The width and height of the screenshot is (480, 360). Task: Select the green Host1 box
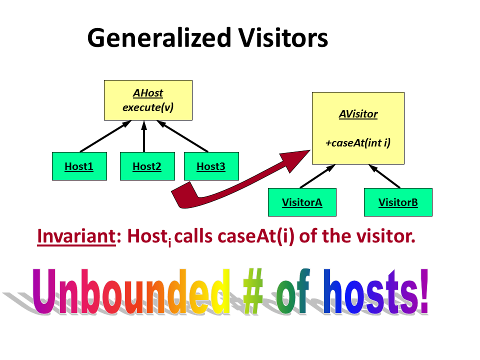pos(79,166)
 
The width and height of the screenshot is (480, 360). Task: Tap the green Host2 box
pos(147,166)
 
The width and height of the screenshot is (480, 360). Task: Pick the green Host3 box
pos(211,166)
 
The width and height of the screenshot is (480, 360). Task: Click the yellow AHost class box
pos(148,100)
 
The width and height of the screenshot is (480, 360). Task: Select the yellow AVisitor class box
pos(358,128)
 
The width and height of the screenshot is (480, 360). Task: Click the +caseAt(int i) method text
pos(358,143)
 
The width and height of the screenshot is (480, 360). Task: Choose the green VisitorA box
pos(302,202)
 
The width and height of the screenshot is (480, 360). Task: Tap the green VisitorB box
pos(398,202)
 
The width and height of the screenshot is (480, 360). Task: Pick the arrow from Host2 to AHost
pos(143,136)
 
